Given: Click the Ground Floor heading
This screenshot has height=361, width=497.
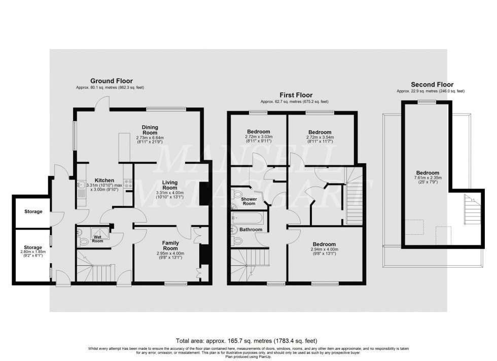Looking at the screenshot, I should click(111, 81).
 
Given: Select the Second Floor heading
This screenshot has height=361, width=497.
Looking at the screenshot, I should click(432, 85).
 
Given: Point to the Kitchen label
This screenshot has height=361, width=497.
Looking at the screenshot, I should click(104, 180).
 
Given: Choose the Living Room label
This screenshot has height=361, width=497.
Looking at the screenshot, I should click(173, 186).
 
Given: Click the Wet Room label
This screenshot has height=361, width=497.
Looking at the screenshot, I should click(97, 238).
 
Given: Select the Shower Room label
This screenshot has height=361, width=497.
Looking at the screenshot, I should click(249, 201).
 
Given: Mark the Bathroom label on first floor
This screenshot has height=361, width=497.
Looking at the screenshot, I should click(252, 230).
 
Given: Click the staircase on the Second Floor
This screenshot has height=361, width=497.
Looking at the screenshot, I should click(469, 209).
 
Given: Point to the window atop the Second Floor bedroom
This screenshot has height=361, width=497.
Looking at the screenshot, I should click(427, 102).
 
